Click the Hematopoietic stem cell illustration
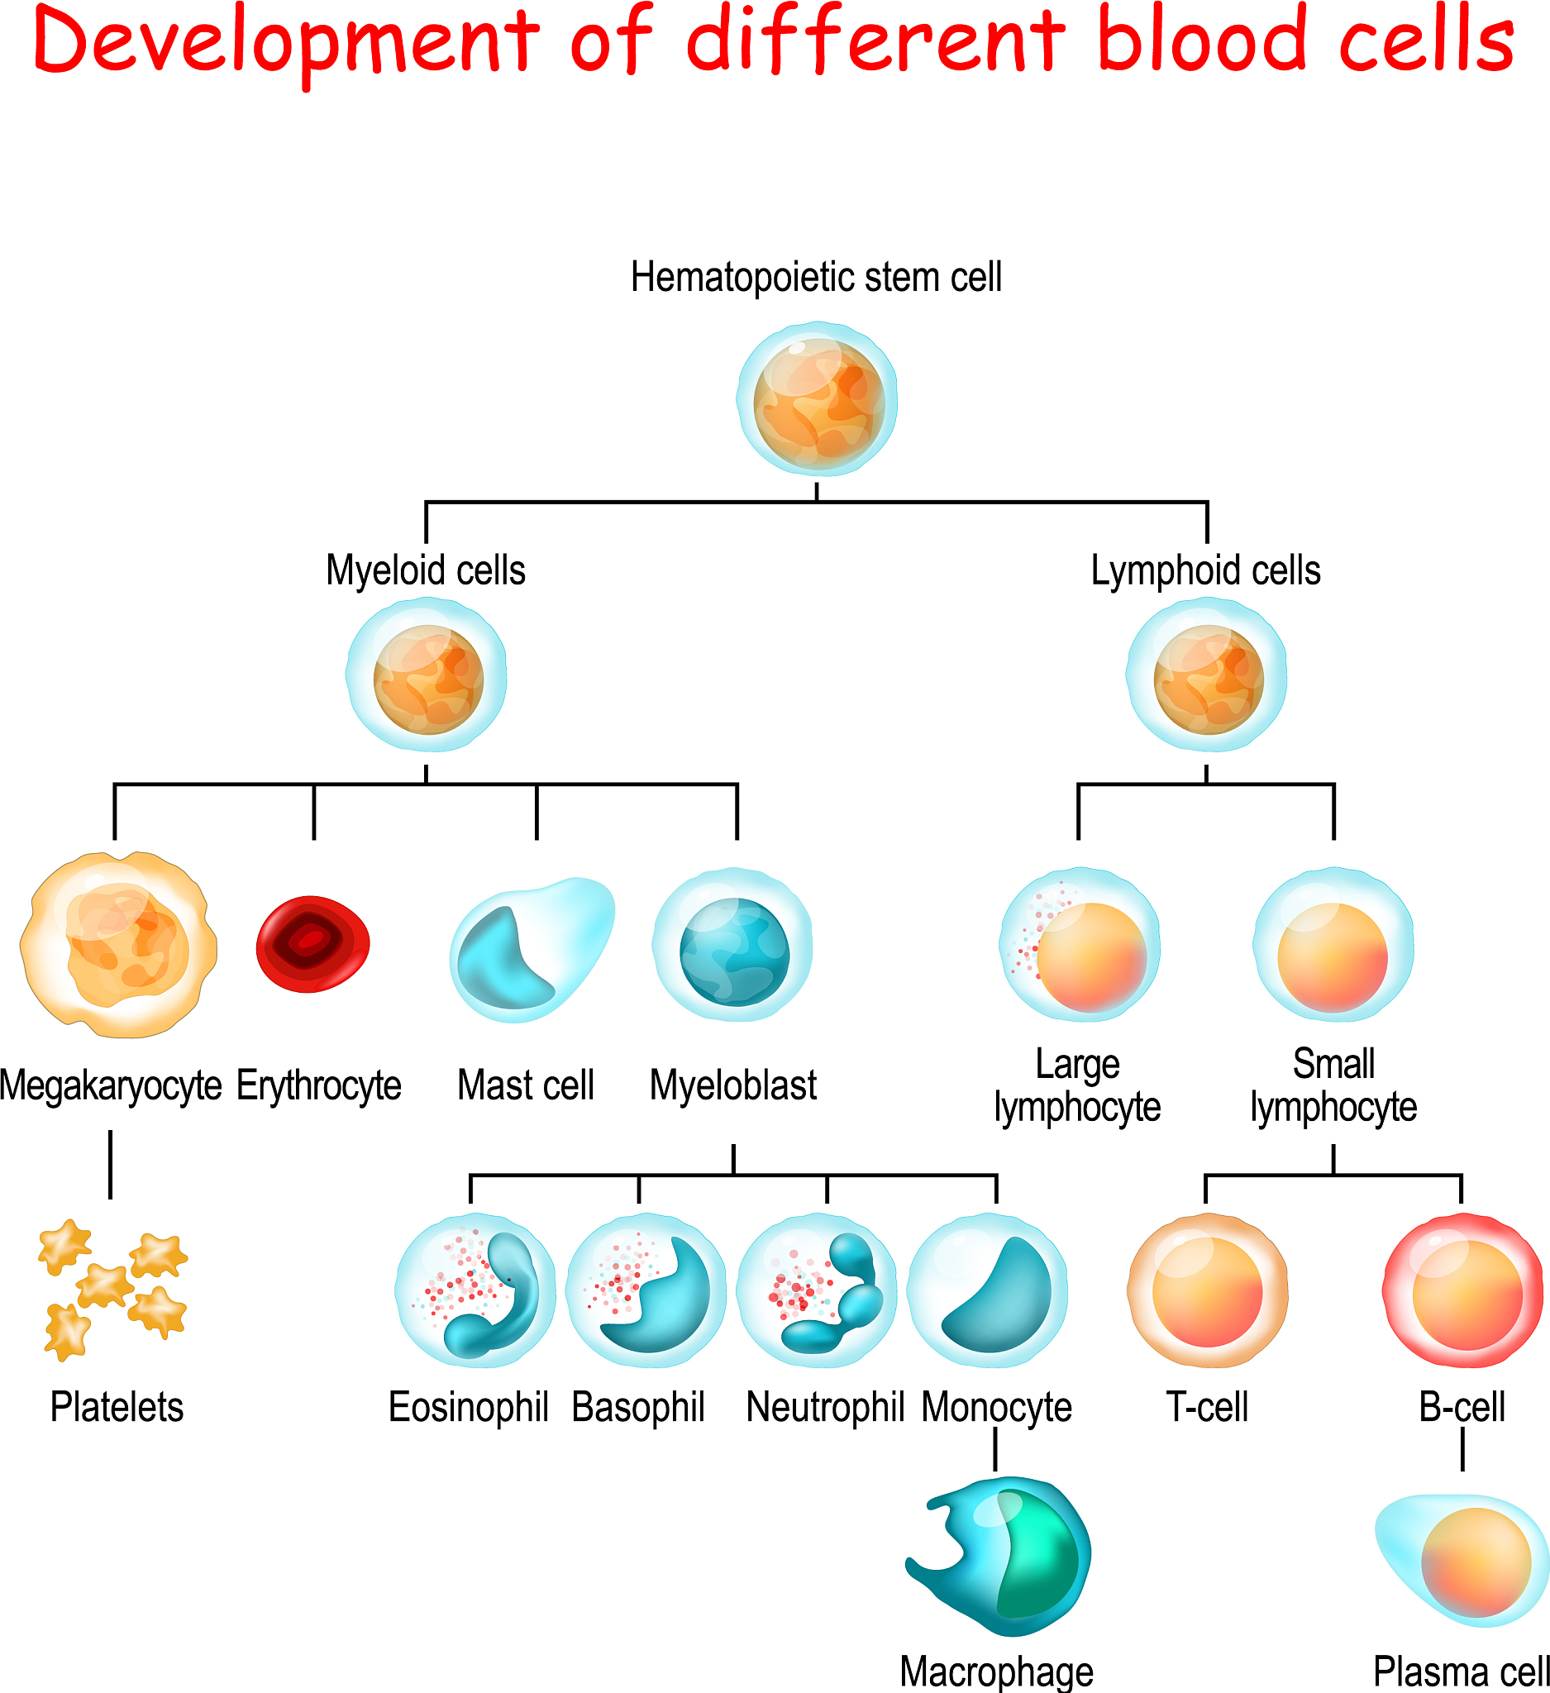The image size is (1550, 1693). point(816,398)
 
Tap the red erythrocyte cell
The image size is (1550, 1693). point(312,944)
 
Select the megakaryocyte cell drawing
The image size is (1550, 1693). point(119,944)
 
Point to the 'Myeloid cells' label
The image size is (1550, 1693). point(425,570)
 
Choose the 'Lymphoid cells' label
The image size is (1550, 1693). point(1205,570)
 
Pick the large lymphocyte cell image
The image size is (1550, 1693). point(1079,945)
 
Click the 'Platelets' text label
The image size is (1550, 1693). point(117,1408)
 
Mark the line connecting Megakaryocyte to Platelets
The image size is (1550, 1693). point(110,1164)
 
